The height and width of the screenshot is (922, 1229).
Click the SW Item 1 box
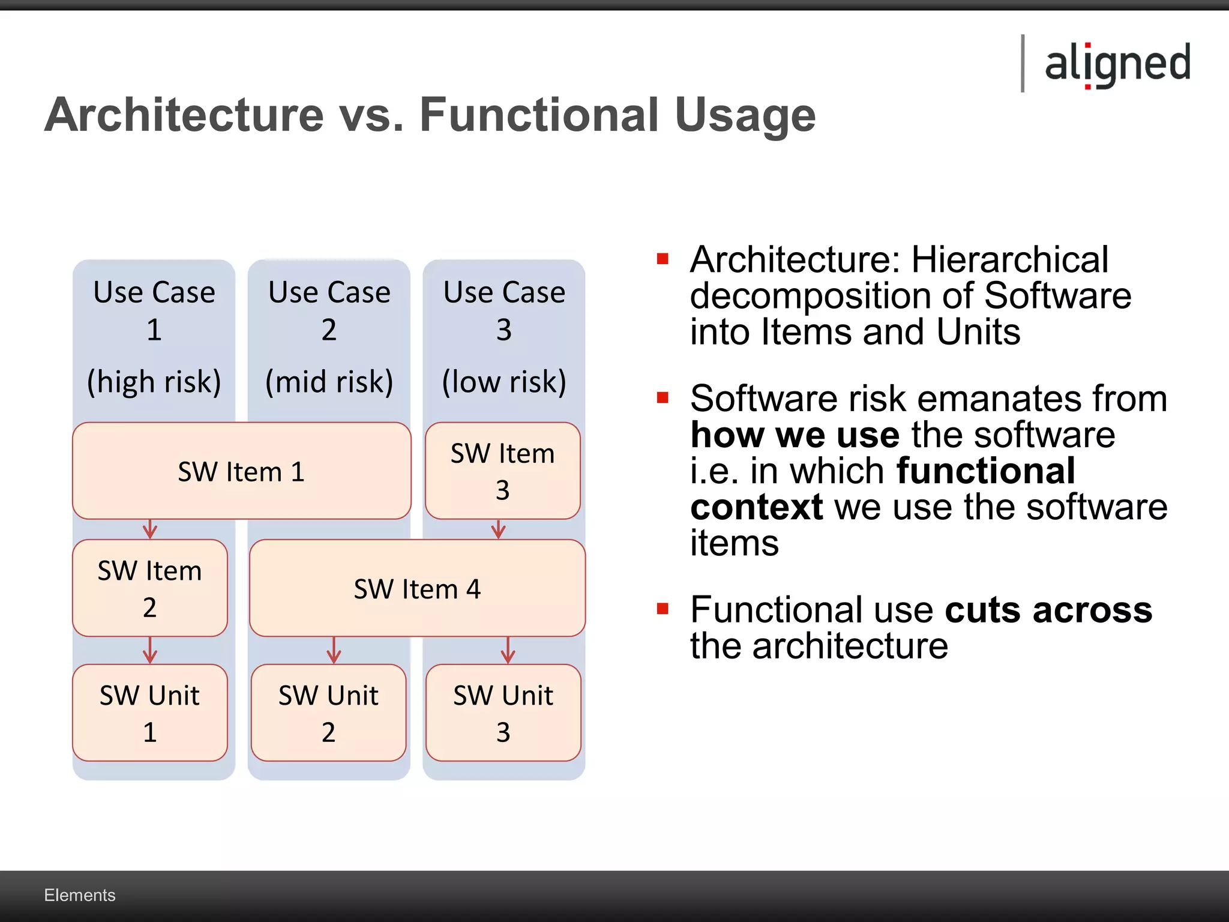pyautogui.click(x=241, y=471)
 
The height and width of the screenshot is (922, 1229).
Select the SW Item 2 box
pyautogui.click(x=149, y=588)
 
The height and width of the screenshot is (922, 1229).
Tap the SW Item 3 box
pyautogui.click(x=502, y=471)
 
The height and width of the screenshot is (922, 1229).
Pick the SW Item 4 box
pyautogui.click(x=417, y=588)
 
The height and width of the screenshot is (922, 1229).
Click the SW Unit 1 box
pyautogui.click(x=149, y=713)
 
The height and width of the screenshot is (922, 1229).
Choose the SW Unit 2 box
pyautogui.click(x=328, y=713)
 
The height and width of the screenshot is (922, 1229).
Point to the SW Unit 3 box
pyautogui.click(x=503, y=713)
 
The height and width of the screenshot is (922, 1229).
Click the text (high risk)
pyautogui.click(x=154, y=382)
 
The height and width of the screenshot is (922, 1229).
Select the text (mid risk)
pyautogui.click(x=329, y=382)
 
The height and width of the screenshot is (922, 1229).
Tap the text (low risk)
pyautogui.click(x=504, y=382)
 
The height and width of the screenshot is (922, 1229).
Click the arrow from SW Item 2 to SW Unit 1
pyautogui.click(x=150, y=650)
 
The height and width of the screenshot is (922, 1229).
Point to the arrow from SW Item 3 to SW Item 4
pyautogui.click(x=499, y=529)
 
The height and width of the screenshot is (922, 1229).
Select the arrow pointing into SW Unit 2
pyautogui.click(x=334, y=650)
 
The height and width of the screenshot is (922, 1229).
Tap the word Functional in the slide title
pyautogui.click(x=539, y=115)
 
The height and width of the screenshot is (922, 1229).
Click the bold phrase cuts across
pyautogui.click(x=1048, y=610)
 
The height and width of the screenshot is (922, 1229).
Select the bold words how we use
pyautogui.click(x=795, y=435)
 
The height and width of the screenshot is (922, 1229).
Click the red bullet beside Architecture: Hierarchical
pyautogui.click(x=663, y=259)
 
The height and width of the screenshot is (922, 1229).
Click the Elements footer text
pyautogui.click(x=79, y=895)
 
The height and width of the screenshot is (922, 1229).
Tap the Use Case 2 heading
pyautogui.click(x=329, y=310)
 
